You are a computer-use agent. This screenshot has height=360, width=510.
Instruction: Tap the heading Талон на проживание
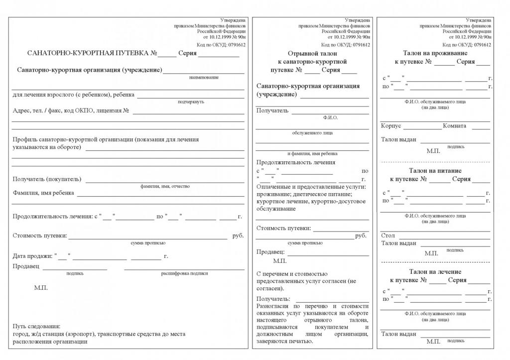pos(435,53)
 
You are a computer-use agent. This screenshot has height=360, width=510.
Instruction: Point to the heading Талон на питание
pos(435,170)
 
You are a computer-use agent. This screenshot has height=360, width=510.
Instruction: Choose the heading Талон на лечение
pos(435,272)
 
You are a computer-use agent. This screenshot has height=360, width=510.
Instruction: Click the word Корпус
pos(391,126)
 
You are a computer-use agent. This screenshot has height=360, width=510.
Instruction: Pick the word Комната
pos(455,126)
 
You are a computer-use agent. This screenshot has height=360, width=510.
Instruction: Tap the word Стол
pos(387,236)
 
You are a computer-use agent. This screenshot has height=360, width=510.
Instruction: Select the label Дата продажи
pos(32,256)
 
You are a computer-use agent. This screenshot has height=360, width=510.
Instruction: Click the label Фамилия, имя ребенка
pos(43,193)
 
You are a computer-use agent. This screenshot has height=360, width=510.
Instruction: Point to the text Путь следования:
pos(36,326)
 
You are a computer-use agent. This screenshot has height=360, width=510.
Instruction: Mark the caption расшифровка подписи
pos(184,273)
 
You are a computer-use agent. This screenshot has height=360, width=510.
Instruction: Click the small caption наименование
pos(204,78)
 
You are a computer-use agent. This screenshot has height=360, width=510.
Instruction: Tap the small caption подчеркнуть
pos(191,102)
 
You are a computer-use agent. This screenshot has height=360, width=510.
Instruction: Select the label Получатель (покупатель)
pos(47,179)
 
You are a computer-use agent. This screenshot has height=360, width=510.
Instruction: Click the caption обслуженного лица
pos(312,133)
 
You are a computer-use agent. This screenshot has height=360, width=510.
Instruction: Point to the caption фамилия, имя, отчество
pos(165,186)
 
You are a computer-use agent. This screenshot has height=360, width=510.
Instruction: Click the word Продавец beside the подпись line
pos(26,267)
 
